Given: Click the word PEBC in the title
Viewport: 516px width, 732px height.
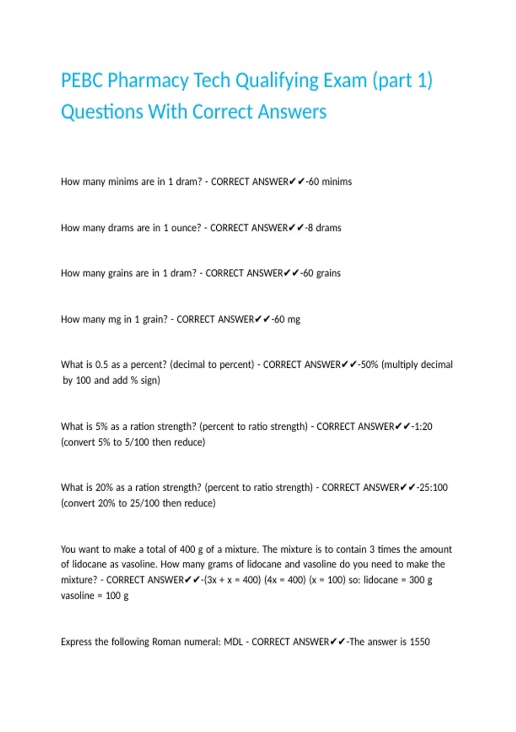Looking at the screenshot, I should tap(82, 81).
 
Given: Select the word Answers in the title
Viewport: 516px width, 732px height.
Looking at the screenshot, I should tap(292, 112).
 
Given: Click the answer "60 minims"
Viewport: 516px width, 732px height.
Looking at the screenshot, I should tap(330, 182).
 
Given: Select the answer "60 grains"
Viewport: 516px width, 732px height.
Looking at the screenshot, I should tap(322, 273).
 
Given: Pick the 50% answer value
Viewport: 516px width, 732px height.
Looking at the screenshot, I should tap(369, 365).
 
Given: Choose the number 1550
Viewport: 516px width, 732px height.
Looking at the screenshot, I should tap(420, 642).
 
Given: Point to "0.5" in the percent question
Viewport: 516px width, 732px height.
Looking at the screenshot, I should tap(101, 365).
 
